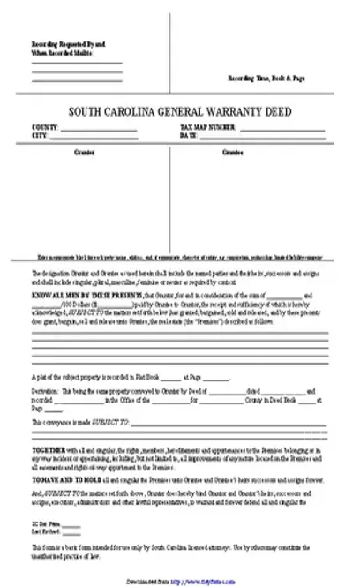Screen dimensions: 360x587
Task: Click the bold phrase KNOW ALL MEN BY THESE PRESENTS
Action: [72, 294]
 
